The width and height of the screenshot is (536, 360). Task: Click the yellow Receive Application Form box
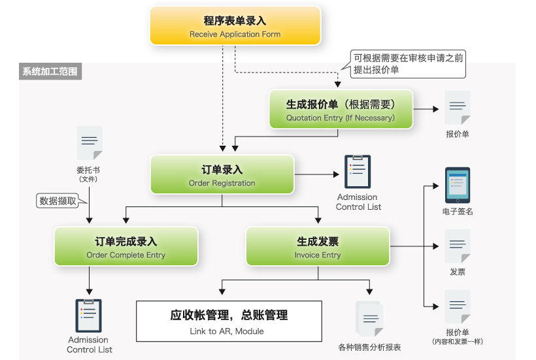pyautogui.click(x=235, y=26)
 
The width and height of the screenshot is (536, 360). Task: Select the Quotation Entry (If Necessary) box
pyautogui.click(x=341, y=109)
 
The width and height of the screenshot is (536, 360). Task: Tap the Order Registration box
pyautogui.click(x=222, y=174)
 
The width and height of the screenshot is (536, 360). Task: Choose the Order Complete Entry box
pyautogui.click(x=126, y=246)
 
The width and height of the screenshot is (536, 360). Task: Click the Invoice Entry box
pyautogui.click(x=318, y=246)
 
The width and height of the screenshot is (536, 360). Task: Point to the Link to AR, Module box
pyautogui.click(x=229, y=321)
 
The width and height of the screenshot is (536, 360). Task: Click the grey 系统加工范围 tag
pyautogui.click(x=50, y=71)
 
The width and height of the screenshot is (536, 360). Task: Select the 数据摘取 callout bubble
pyautogui.click(x=58, y=201)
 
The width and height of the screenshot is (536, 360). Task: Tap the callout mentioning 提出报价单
pyautogui.click(x=408, y=64)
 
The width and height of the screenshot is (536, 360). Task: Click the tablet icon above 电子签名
pyautogui.click(x=458, y=185)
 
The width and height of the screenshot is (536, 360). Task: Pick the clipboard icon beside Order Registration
pyautogui.click(x=358, y=171)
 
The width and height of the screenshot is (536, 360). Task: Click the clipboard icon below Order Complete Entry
pyautogui.click(x=88, y=316)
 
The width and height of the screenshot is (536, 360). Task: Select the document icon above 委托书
pyautogui.click(x=90, y=143)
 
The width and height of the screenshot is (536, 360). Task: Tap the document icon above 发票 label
pyautogui.click(x=458, y=246)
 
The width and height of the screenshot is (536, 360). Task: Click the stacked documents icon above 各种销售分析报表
pyautogui.click(x=369, y=319)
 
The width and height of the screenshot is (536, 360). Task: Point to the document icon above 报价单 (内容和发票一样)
pyautogui.click(x=458, y=306)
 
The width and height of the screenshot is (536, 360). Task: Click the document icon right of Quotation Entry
pyautogui.click(x=458, y=108)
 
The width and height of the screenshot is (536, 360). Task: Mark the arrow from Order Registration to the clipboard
pyautogui.click(x=316, y=174)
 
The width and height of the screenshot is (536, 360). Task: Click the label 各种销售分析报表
pyautogui.click(x=369, y=348)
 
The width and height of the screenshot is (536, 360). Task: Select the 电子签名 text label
pyautogui.click(x=458, y=212)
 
